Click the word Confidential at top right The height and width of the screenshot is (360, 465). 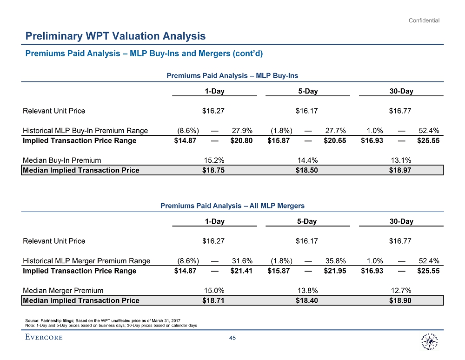424,20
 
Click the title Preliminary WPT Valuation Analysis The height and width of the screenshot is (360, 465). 115,36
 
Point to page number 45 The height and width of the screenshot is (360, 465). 233,338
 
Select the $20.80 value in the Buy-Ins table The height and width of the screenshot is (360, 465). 241,140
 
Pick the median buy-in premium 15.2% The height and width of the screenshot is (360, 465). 214,160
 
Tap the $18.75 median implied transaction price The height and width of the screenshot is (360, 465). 214,170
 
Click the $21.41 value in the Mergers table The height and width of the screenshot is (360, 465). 241,271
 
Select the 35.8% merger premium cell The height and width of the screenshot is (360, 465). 335,260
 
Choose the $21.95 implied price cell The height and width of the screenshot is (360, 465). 335,271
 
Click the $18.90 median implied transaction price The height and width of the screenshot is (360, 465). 400,300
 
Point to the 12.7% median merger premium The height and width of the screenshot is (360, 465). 400,290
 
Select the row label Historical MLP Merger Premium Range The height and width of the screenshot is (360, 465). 86,260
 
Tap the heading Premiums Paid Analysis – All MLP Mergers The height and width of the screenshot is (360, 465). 232,205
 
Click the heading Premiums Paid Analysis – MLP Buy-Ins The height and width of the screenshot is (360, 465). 232,75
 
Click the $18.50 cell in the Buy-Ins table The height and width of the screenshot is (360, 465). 307,170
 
